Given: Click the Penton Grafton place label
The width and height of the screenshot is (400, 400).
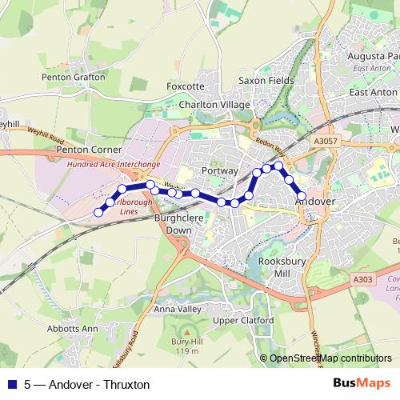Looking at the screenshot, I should (x=74, y=77).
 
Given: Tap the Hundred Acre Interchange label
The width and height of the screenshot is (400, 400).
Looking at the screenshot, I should (x=114, y=163).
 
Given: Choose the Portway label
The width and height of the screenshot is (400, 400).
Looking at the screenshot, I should (x=221, y=170).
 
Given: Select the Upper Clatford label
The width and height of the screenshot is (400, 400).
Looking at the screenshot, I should (x=243, y=320).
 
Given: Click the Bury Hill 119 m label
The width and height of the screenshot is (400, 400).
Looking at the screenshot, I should (x=187, y=346).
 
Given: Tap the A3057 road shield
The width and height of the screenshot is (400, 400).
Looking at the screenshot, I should (x=326, y=141).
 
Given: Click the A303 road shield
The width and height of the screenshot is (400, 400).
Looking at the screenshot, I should (x=362, y=279).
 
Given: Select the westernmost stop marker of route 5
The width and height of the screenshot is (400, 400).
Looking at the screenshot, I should (x=98, y=212).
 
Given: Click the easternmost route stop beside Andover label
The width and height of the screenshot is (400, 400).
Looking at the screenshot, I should (x=302, y=195).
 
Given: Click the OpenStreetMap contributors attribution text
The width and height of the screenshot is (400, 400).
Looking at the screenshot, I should (x=330, y=358).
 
